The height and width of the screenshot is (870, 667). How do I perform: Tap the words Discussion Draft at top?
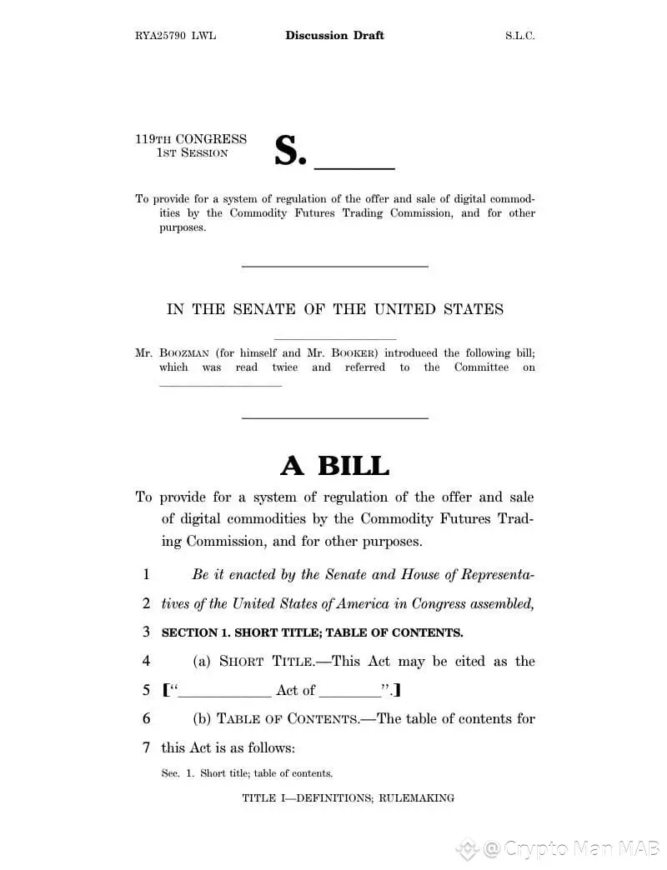coord(334,35)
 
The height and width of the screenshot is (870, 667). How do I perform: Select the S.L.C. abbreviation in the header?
coord(519,36)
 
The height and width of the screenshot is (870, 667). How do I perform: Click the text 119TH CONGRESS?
coord(191,139)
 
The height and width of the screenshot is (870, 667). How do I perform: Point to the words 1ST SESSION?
coord(193,153)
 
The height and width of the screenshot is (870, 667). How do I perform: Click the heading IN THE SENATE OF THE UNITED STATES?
coord(335,309)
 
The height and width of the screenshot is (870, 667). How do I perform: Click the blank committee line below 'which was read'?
coord(220,384)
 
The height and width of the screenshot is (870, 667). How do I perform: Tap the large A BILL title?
coord(334,465)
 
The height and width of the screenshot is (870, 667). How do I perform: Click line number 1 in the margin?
coord(147,574)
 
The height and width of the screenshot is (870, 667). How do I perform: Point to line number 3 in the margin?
coord(147,632)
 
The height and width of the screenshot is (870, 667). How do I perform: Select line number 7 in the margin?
coord(147,747)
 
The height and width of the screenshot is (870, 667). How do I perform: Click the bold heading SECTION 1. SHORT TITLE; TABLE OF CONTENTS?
coord(312,632)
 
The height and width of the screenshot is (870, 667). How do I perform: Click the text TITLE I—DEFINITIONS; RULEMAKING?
coord(349,798)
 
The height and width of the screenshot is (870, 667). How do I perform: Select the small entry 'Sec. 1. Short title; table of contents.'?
coord(247,773)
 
